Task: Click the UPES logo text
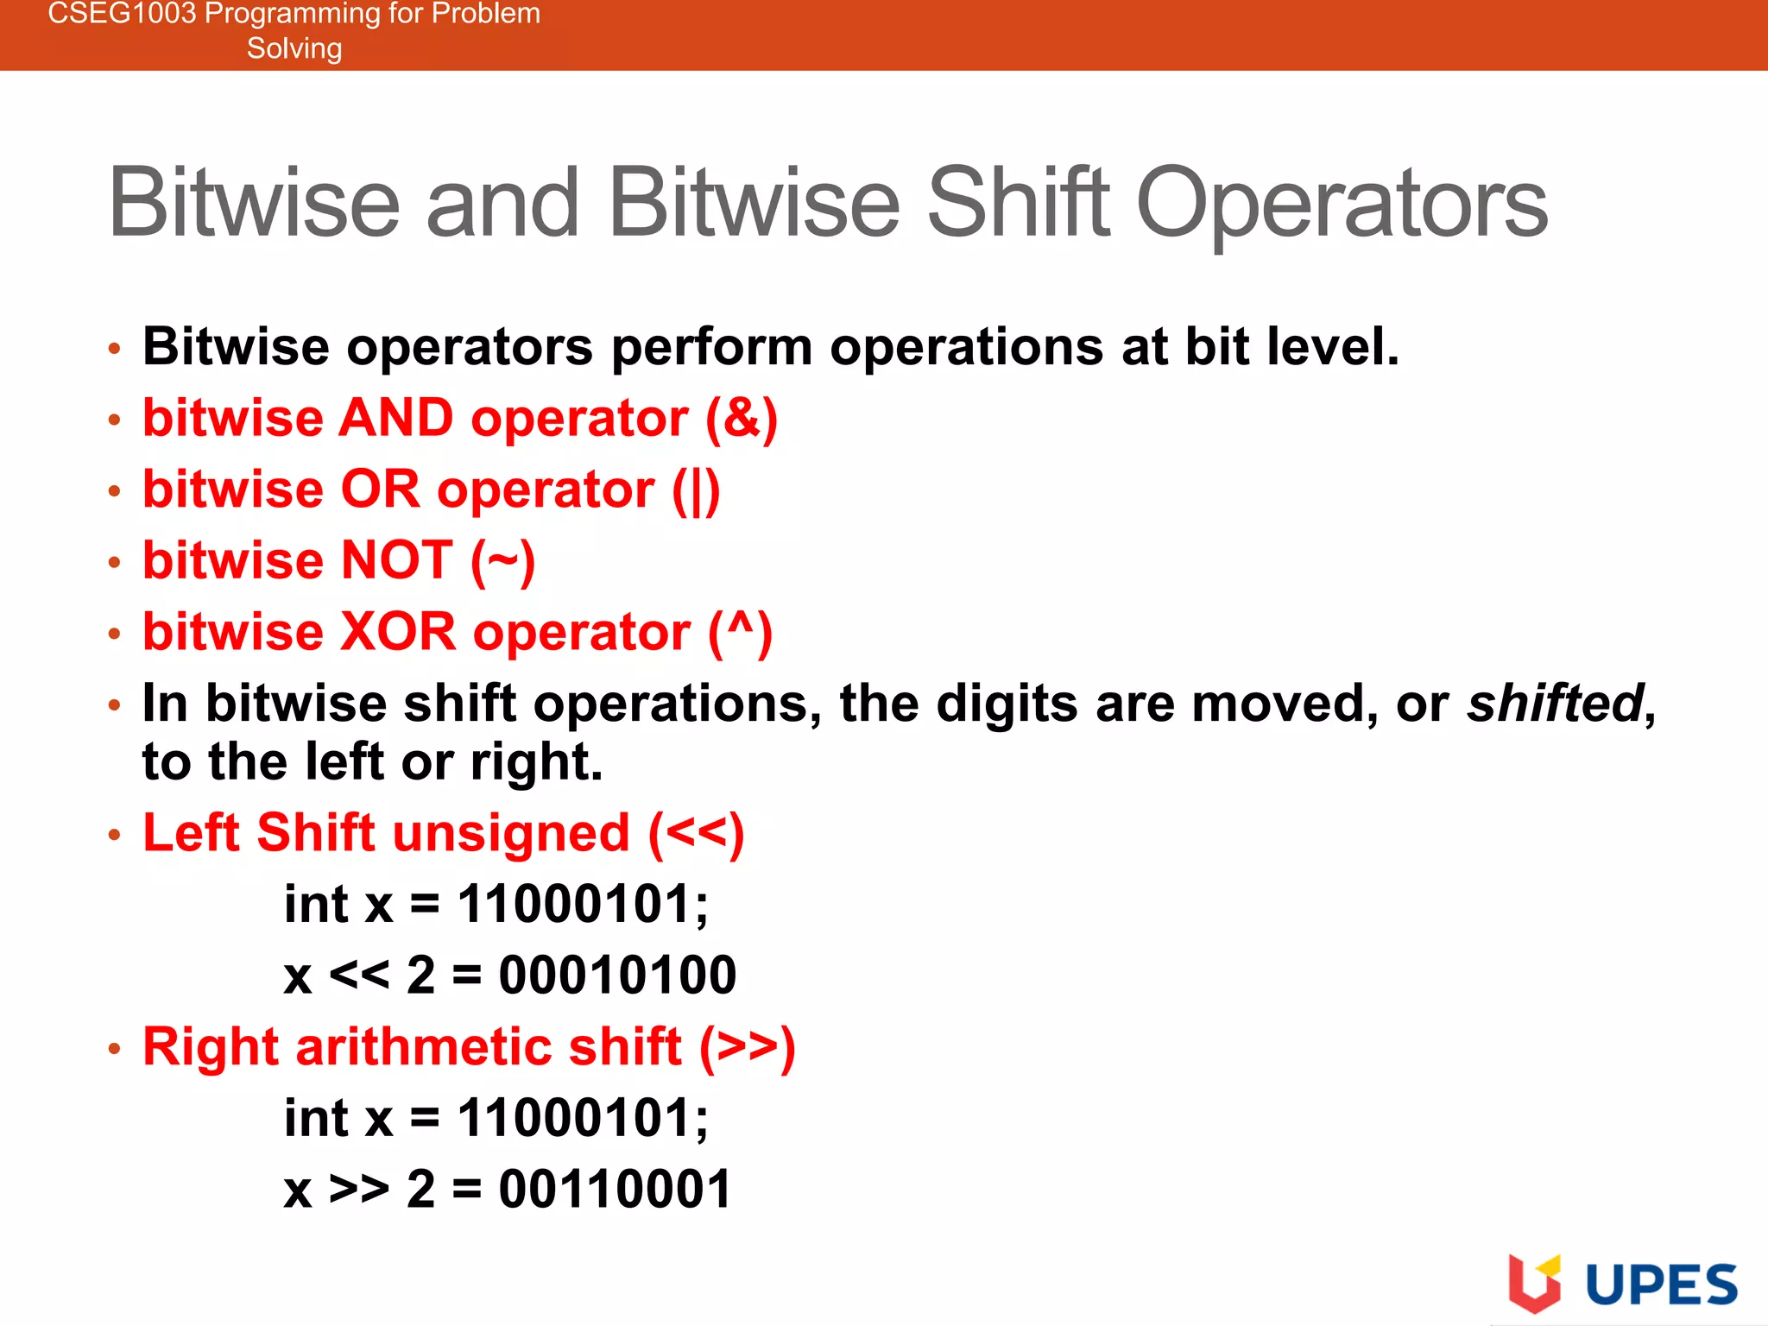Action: [x=1661, y=1285]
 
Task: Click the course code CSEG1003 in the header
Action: [x=122, y=13]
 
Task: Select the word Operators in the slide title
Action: [x=1342, y=204]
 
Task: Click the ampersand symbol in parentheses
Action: [x=741, y=419]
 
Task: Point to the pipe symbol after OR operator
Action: [x=696, y=490]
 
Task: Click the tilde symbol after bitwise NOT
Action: [x=502, y=561]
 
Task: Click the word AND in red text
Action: [x=396, y=419]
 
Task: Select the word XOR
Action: [x=398, y=632]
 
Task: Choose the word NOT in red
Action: [x=396, y=560]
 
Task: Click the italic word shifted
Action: [x=1555, y=703]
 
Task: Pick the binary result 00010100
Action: [x=617, y=976]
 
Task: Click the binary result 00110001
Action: [x=616, y=1189]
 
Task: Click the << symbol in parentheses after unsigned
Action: [x=695, y=833]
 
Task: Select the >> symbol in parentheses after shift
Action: [x=747, y=1047]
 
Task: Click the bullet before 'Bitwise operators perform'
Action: [x=115, y=349]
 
